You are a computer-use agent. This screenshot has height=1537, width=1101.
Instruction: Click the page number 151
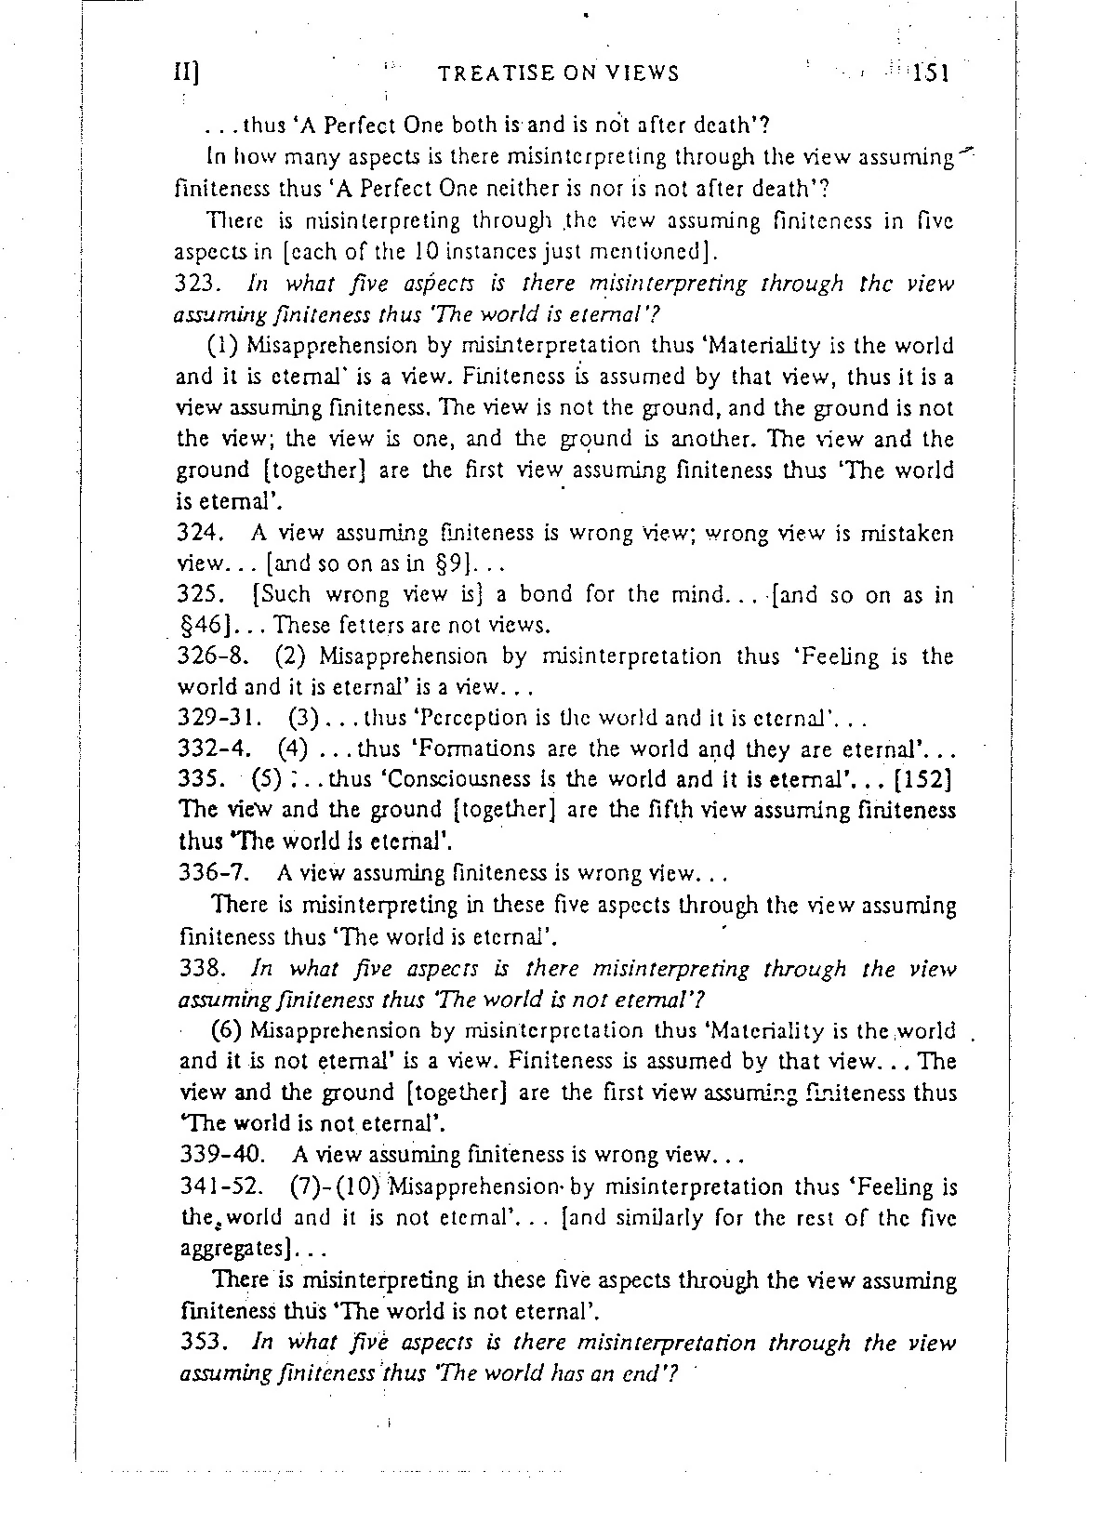tap(929, 73)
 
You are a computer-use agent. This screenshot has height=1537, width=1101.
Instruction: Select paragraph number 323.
tap(196, 284)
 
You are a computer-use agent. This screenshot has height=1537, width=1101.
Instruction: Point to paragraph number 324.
tap(196, 534)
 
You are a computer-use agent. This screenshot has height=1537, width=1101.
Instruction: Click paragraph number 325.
tap(196, 595)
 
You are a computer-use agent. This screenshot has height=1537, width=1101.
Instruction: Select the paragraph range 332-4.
tap(213, 749)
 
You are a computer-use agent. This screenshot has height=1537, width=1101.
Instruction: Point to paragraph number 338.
tap(196, 969)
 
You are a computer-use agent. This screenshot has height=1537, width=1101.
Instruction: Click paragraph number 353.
tap(196, 1343)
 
